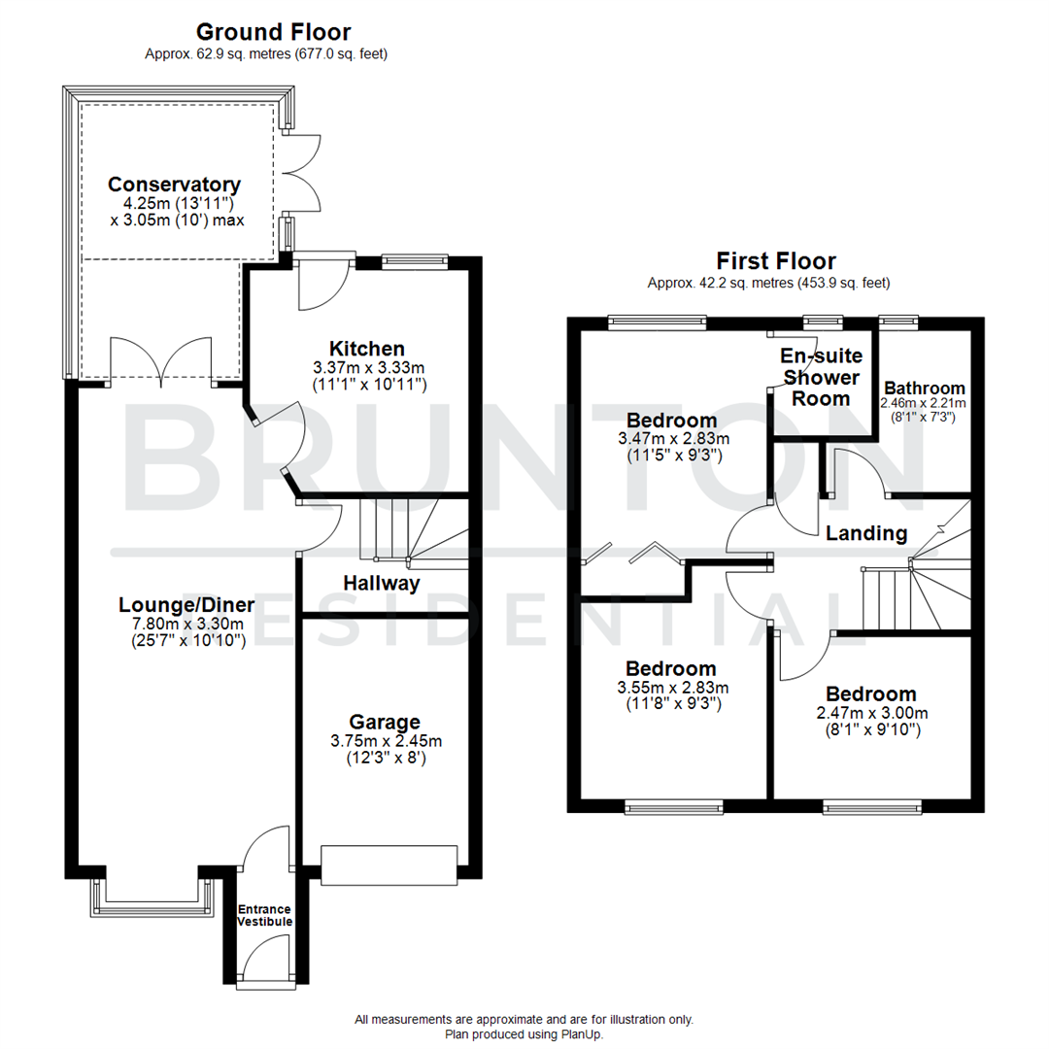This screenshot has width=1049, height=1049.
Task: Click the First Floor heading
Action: pos(776,260)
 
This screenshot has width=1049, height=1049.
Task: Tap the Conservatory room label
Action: pos(174,185)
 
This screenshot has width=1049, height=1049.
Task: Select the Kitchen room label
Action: pos(366,349)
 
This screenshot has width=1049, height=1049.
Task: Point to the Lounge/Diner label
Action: pos(186,605)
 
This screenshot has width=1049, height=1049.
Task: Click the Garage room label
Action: pos(386,722)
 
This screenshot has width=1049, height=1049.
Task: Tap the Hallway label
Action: pos(381,583)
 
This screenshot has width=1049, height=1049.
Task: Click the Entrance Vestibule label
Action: pos(265,915)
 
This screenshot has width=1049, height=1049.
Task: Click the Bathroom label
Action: pos(924,389)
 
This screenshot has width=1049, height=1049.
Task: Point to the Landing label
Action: pos(866,533)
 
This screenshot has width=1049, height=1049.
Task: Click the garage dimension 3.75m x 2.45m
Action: pos(386,741)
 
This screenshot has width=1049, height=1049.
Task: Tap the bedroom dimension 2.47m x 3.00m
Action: pos(870,713)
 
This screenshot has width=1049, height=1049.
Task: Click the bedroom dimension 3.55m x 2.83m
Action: pos(671,688)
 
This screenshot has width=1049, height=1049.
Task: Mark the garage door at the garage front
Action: pos(389,865)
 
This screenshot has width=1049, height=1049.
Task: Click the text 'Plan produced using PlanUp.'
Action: pos(524,1034)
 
